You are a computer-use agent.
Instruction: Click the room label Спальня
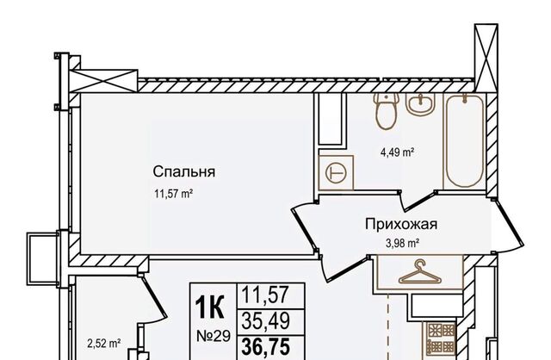[x=183, y=172]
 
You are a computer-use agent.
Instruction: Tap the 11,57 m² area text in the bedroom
[x=174, y=194]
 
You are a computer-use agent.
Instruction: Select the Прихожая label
[x=401, y=224]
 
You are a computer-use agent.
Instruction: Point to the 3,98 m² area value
[x=403, y=243]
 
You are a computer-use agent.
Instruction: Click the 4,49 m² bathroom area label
[x=398, y=152]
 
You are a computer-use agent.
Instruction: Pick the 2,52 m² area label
[x=104, y=343]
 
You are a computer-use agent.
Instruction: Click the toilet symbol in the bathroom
[x=386, y=111]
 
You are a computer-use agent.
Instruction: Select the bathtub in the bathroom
[x=464, y=140]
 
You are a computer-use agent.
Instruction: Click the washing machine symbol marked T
[x=337, y=172]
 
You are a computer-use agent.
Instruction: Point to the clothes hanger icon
[x=419, y=272]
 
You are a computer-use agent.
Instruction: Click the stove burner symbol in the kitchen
[x=441, y=339]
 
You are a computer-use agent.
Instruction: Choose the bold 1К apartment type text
[x=210, y=307]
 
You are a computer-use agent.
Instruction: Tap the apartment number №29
[x=214, y=336]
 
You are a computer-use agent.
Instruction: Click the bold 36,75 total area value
[x=266, y=346]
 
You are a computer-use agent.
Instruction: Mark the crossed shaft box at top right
[x=486, y=58]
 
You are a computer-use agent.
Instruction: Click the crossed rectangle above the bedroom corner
[x=102, y=81]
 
